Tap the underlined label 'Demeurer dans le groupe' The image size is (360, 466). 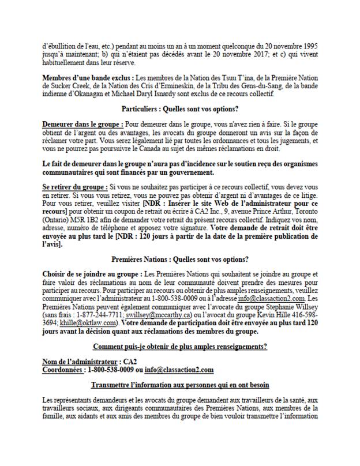click(x=82, y=124)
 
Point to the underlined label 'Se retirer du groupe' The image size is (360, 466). click(x=74, y=187)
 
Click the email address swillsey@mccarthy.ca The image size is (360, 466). click(x=137, y=316)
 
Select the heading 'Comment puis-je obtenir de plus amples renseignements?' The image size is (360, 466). click(x=180, y=347)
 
